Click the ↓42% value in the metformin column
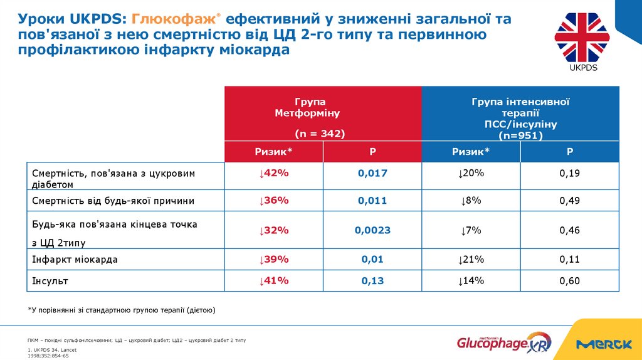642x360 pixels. pos(273,173)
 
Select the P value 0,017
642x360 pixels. pos(372,173)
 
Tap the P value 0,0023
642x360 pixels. pos(372,230)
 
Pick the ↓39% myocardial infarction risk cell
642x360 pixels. pos(273,259)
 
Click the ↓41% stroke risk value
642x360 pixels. pos(273,281)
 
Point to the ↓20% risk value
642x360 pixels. pos(471,173)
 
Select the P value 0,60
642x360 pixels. pos(569,281)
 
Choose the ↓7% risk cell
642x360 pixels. pos(471,230)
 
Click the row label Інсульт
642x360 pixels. pos(50,281)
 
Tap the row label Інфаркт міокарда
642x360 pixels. pos(75,259)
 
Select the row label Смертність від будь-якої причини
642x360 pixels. pos(113,201)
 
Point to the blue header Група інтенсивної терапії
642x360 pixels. pos(520,114)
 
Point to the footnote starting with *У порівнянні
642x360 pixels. pos(122,310)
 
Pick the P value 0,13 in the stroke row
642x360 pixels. pos(372,281)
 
